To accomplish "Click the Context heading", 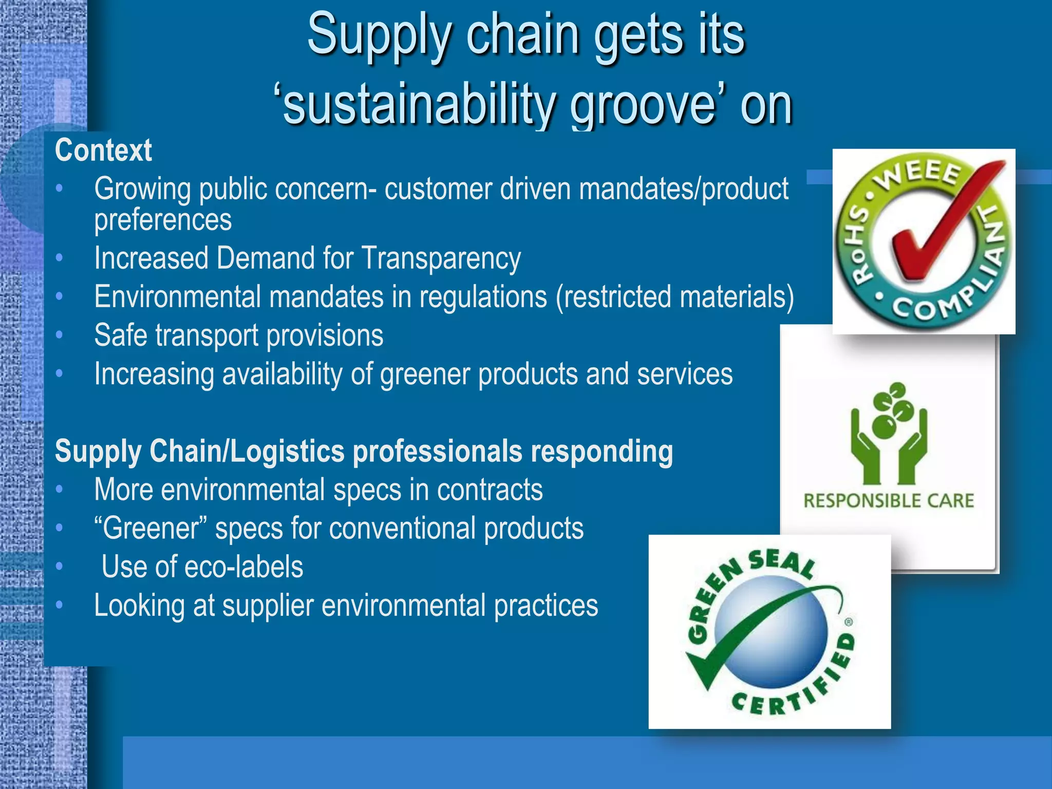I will point(103,151).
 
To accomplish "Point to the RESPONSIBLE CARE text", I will point(889,501).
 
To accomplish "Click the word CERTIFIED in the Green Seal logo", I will point(801,688).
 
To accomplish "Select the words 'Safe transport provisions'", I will point(239,336).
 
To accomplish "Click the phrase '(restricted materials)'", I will point(674,297).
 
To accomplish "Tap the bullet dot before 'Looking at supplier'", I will point(60,605).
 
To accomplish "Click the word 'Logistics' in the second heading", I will point(287,452).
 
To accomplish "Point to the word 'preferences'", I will point(163,220).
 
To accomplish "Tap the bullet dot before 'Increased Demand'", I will point(60,257).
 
